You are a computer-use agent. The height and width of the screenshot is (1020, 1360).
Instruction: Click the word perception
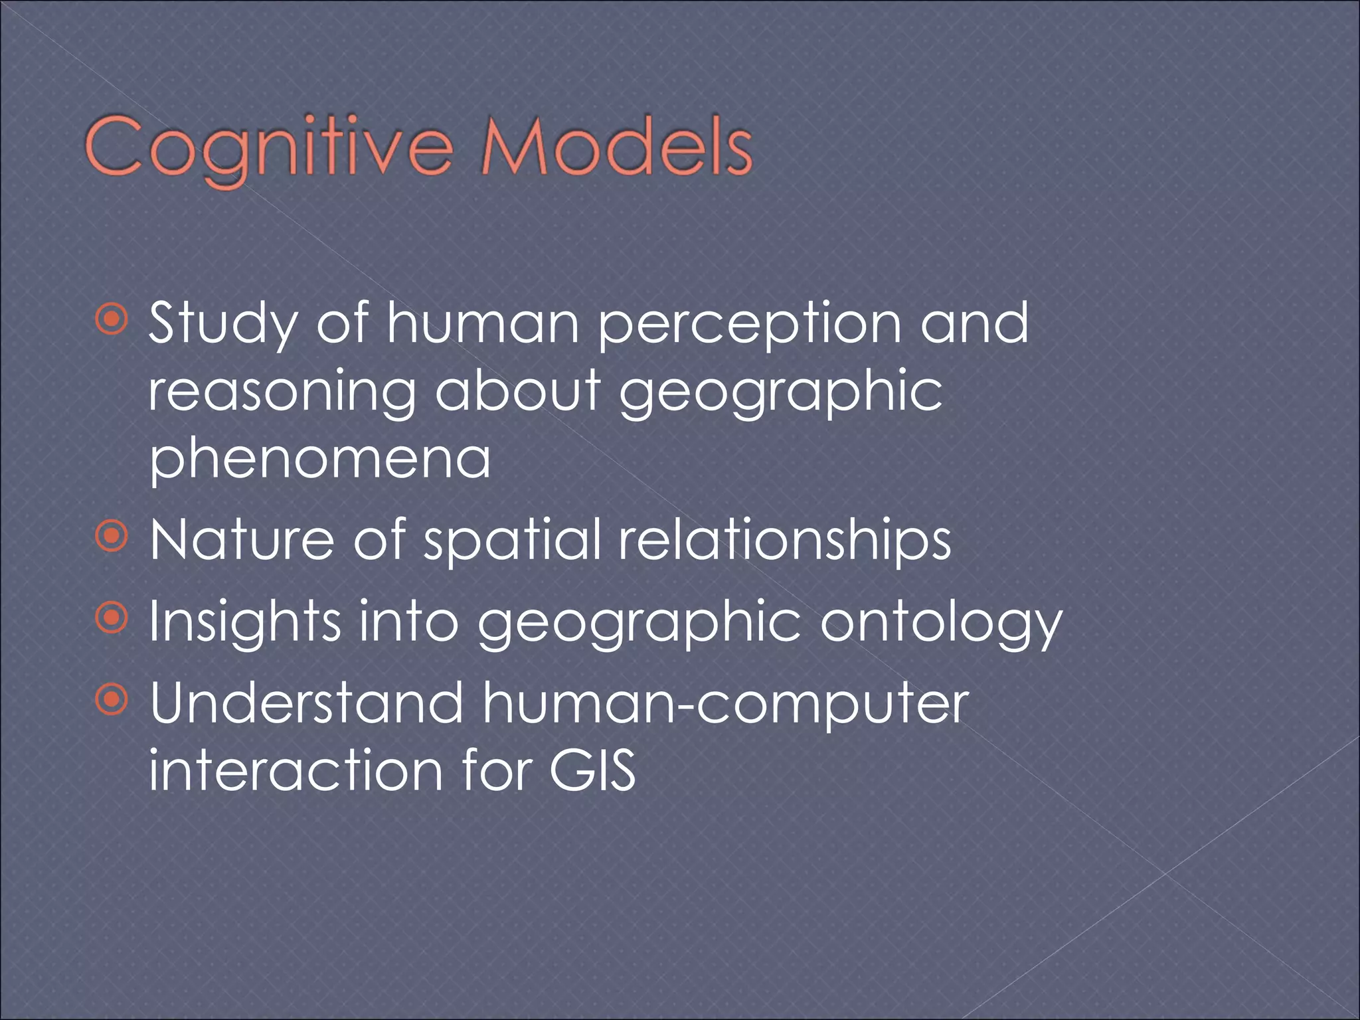click(x=749, y=323)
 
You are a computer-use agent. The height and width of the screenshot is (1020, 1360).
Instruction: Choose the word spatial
click(x=512, y=541)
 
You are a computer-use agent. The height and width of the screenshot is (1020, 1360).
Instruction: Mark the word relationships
click(x=784, y=541)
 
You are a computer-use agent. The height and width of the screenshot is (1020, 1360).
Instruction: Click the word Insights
click(x=244, y=622)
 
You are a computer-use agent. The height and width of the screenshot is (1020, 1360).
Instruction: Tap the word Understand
click(x=306, y=703)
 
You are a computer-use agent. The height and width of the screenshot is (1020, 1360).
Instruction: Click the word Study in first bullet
click(x=223, y=323)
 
